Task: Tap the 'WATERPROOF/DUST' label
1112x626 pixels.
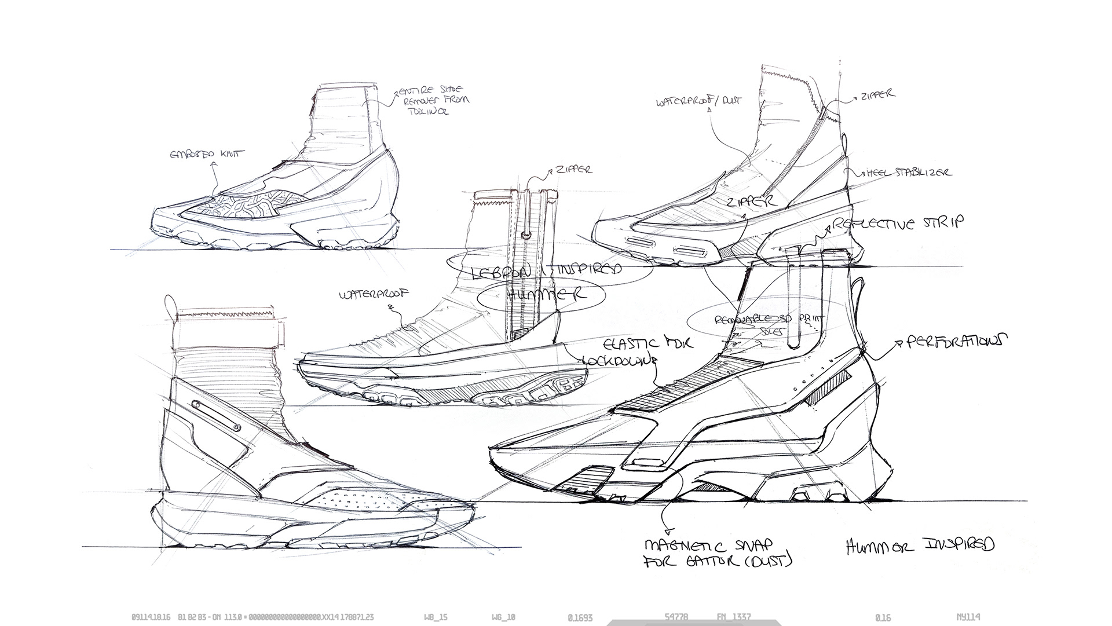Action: click(698, 102)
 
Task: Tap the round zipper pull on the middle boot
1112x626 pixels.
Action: click(526, 234)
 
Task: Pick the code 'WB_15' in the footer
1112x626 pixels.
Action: click(436, 617)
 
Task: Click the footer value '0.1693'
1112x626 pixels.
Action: click(580, 617)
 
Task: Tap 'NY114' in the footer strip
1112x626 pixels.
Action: click(969, 617)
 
